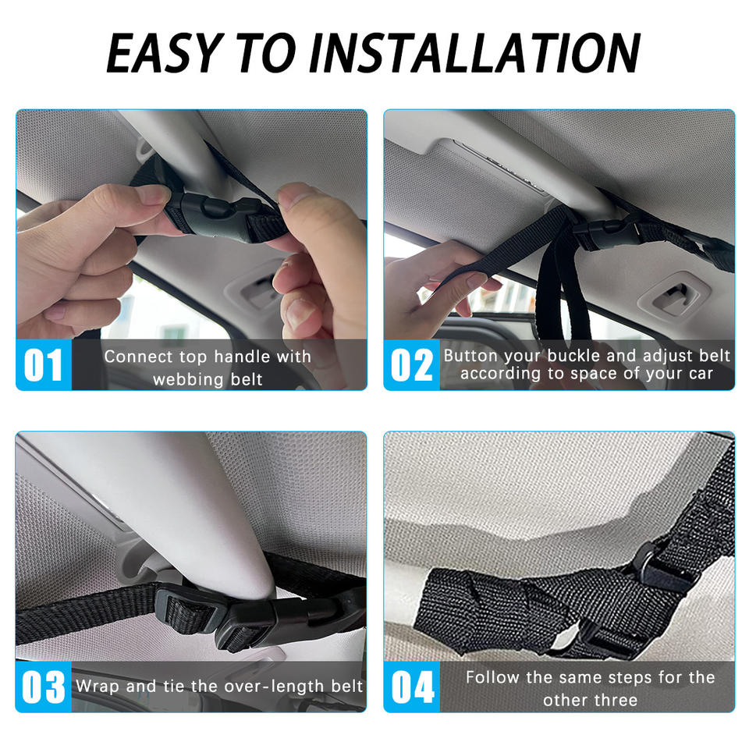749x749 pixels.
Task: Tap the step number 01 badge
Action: point(44,365)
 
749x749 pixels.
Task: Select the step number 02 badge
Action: point(412,365)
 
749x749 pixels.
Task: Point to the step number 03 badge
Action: point(44,687)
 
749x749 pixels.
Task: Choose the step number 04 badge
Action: point(412,687)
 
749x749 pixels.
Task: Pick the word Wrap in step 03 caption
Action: point(98,687)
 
